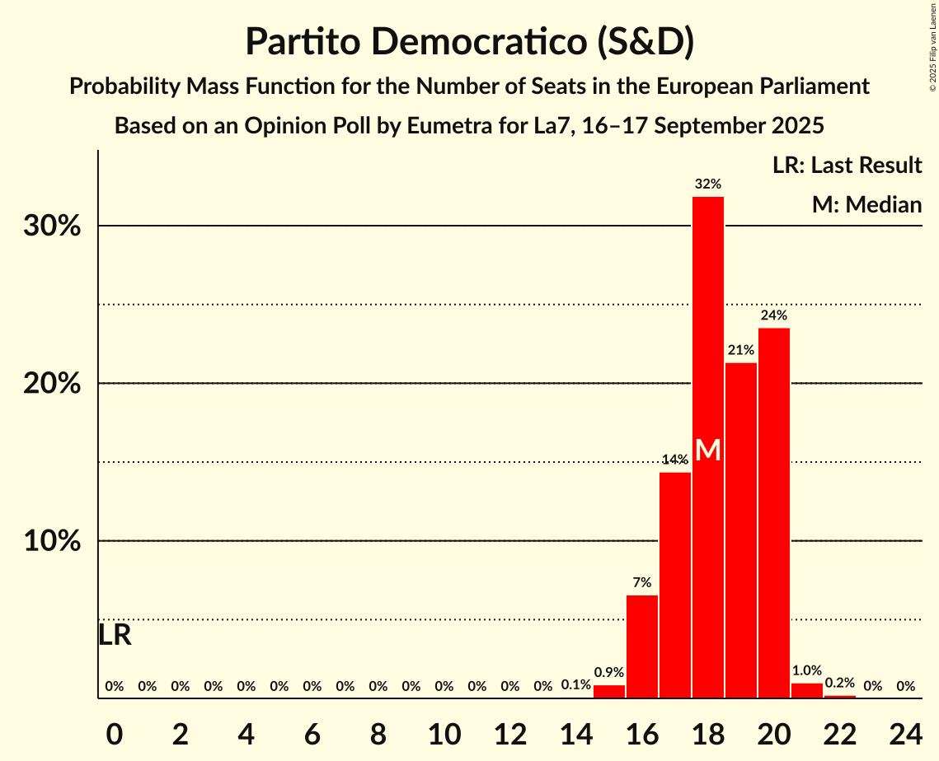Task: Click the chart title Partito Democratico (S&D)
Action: point(469,41)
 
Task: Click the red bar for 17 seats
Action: point(675,585)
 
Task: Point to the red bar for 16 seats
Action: point(642,647)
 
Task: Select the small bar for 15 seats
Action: point(609,692)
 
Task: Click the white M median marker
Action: point(708,451)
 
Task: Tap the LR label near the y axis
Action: point(115,635)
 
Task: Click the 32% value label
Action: point(708,184)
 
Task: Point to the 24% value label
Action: point(774,315)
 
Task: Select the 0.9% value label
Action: point(609,672)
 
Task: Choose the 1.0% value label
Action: point(807,670)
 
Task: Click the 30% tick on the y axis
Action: point(52,226)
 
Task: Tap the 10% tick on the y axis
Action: point(52,542)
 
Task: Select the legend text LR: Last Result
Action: point(847,166)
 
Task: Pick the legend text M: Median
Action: point(866,204)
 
